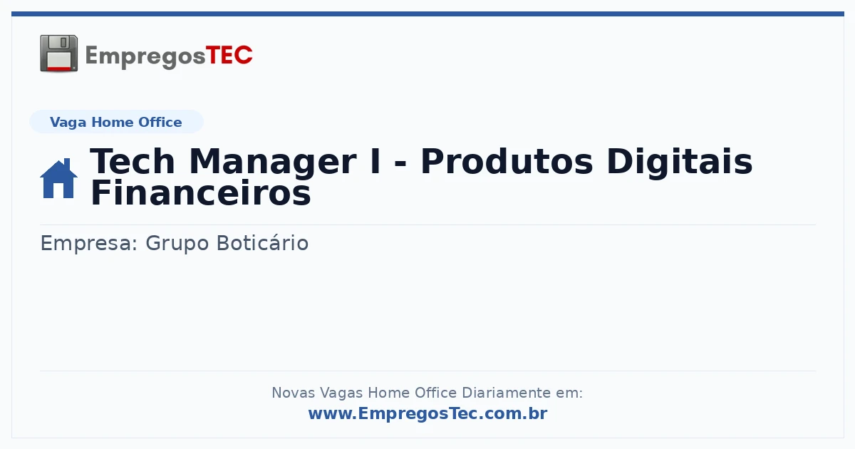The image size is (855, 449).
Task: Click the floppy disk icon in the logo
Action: [x=58, y=53]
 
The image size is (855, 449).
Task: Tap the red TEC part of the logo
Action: [x=229, y=56]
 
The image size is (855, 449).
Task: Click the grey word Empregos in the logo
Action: [x=145, y=57]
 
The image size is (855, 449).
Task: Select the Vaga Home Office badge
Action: [x=116, y=122]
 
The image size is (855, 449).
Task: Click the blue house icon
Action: [x=58, y=178]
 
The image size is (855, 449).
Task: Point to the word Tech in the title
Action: [x=133, y=162]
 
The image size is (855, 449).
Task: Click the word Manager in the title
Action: [x=273, y=162]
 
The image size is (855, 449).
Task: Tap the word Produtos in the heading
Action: [x=507, y=162]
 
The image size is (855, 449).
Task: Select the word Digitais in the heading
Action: [x=680, y=162]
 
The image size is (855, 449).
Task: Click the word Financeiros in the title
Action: [x=201, y=193]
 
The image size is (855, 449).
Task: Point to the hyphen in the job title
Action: [x=400, y=165]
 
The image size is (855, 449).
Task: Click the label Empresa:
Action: [x=88, y=244]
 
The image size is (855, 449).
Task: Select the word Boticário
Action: [x=263, y=243]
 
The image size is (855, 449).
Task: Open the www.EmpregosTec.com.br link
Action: [x=428, y=413]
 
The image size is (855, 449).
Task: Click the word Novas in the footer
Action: [x=293, y=393]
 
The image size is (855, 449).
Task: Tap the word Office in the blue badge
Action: [x=160, y=122]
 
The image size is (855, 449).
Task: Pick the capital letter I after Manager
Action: [x=375, y=162]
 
